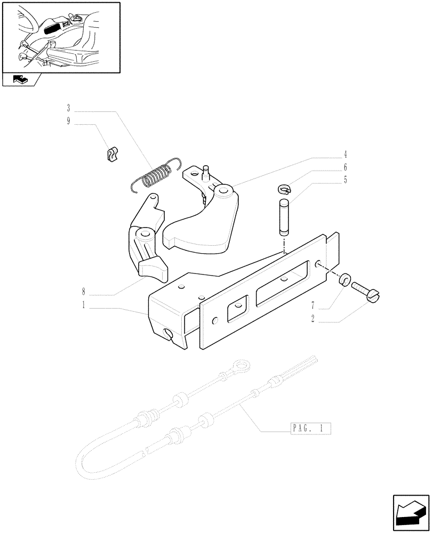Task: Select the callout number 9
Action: tap(69, 122)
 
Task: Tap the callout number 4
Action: tap(345, 155)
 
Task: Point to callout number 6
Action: tap(345, 167)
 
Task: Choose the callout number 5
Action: tap(345, 180)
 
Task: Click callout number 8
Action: tap(84, 293)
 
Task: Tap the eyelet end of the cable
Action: tap(243, 368)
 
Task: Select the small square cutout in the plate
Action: tap(235, 311)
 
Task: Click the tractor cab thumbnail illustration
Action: tap(60, 36)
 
